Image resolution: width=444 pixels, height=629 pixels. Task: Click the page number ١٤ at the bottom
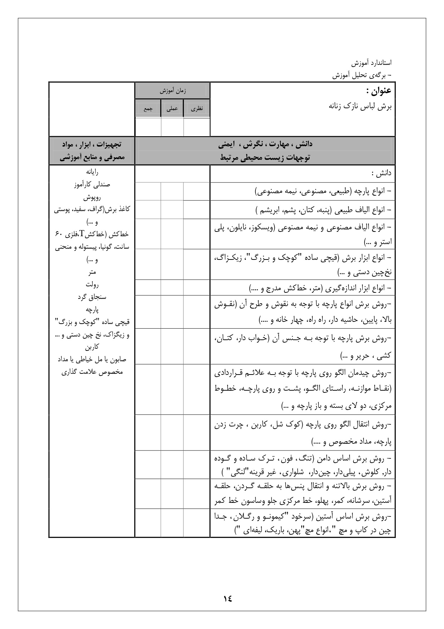coord(228,598)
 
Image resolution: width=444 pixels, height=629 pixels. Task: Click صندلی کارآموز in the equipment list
coord(92,185)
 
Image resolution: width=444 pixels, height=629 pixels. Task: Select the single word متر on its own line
coord(92,272)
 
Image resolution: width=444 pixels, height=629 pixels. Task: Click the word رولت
coord(92,285)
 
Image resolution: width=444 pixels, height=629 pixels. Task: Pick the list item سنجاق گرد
coord(92,297)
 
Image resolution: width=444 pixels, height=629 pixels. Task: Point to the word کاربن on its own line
coord(92,347)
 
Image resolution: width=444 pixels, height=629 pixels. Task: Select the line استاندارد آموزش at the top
coord(371,63)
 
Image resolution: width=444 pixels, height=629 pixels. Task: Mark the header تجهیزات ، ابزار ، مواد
coord(92,144)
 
